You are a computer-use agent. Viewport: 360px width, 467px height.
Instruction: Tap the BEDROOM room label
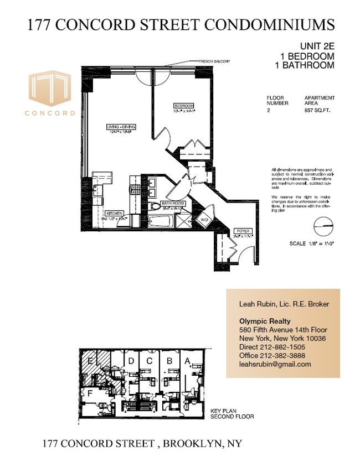point(183,106)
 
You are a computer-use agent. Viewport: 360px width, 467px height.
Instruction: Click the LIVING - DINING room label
point(121,127)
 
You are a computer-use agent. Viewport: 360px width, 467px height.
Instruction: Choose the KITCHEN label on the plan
point(114,212)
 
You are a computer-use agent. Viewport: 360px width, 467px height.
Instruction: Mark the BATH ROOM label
point(172,204)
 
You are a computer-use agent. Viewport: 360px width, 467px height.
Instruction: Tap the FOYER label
point(241,230)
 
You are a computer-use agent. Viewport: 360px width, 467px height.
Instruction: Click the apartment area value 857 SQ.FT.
point(319,111)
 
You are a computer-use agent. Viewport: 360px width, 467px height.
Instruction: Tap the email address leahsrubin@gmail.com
point(275,364)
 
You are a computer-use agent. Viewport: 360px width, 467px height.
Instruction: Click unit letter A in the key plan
point(187,361)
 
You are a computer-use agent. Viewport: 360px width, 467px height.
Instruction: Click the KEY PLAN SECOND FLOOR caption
point(232,414)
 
